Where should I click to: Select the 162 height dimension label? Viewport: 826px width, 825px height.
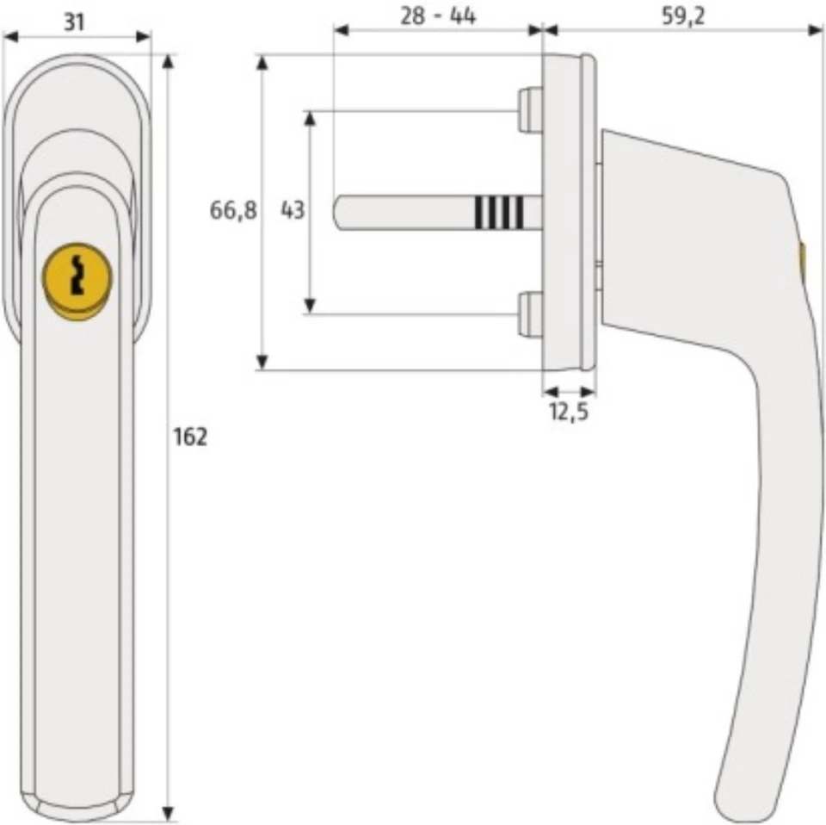(190, 437)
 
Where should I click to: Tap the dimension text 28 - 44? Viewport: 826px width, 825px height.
(439, 16)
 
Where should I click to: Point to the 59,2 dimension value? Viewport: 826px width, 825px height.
(683, 16)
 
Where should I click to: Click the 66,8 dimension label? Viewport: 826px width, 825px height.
(233, 210)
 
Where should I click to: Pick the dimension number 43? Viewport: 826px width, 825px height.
(293, 210)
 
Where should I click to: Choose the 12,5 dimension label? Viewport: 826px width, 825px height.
(568, 412)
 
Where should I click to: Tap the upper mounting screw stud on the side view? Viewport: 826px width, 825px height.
(529, 110)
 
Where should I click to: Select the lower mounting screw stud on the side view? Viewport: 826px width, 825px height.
(529, 314)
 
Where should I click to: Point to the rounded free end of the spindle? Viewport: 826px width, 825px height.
(340, 212)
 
